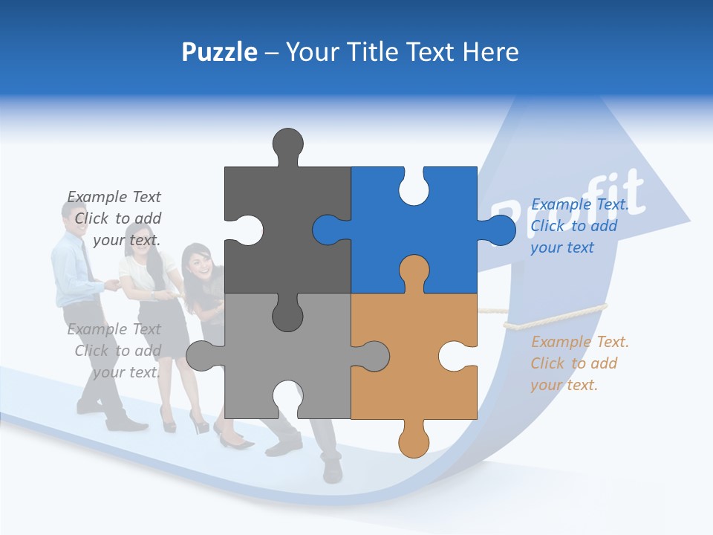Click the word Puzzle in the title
pyautogui.click(x=219, y=52)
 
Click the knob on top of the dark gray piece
pyautogui.click(x=287, y=145)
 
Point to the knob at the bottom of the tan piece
pyautogui.click(x=414, y=442)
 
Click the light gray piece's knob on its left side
pyautogui.click(x=201, y=357)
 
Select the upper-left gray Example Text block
pyautogui.click(x=115, y=218)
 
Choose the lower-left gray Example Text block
pyautogui.click(x=115, y=351)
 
